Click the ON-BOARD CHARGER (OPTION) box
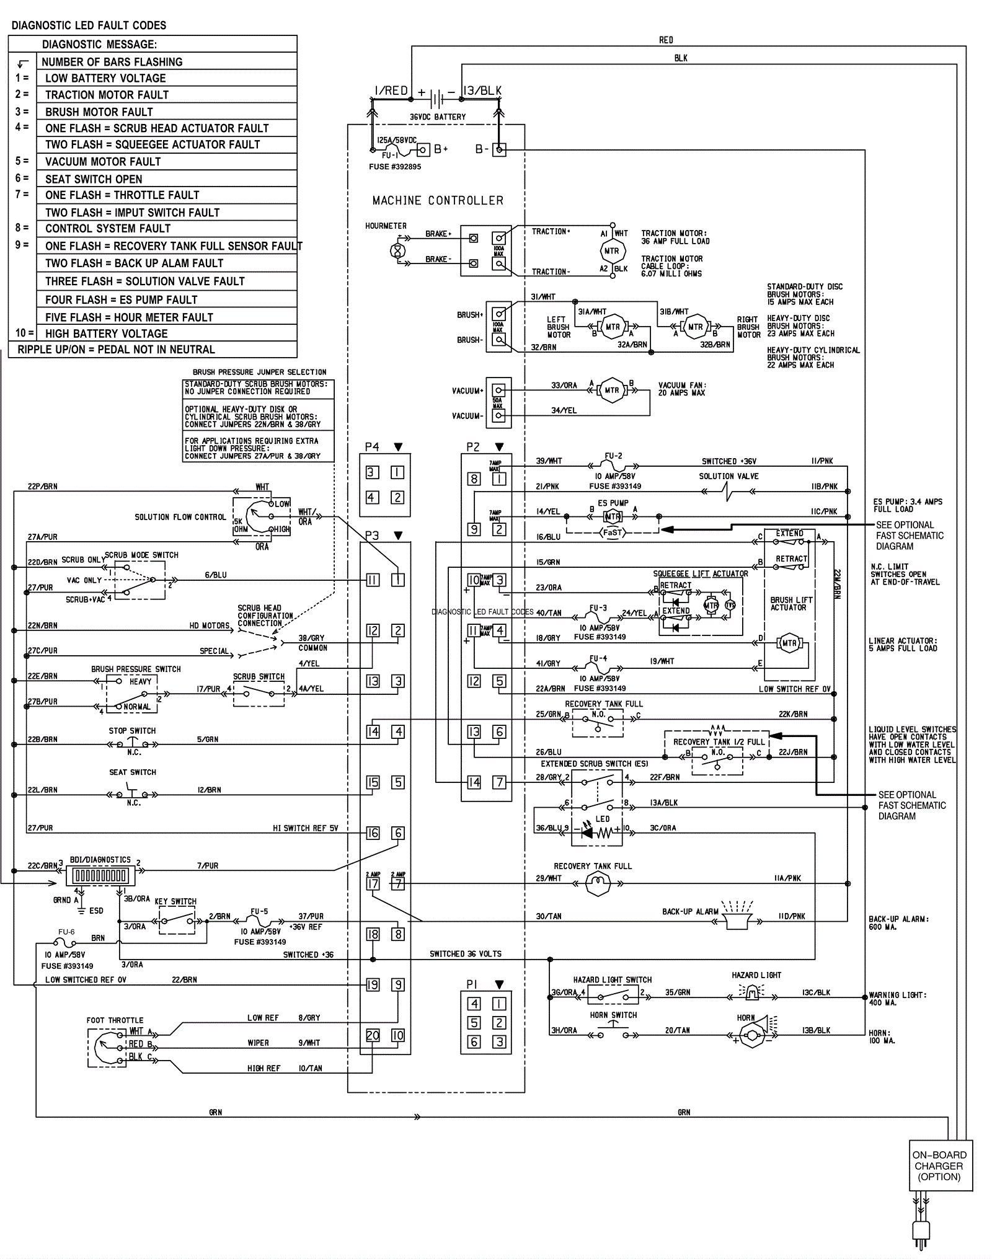pos(939,1165)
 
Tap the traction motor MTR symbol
pos(611,251)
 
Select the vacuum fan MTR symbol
pos(612,390)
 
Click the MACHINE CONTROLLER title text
pos(438,201)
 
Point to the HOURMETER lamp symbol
pos(396,250)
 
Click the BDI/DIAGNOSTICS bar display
pos(100,876)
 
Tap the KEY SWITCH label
pos(175,901)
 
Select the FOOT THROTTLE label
pos(115,1020)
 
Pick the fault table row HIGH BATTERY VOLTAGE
pos(106,334)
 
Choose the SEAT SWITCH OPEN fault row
pos(94,179)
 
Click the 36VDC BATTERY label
pos(438,117)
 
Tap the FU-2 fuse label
pos(613,456)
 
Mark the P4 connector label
pos(372,447)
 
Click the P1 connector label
pos(472,984)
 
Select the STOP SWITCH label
pos(132,731)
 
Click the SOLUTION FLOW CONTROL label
pos(180,517)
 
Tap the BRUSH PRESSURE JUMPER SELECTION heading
pos(259,372)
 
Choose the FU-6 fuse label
pos(66,932)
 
